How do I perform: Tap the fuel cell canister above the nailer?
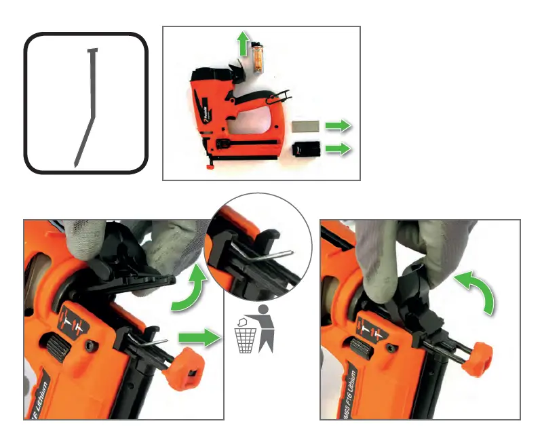pos(258,58)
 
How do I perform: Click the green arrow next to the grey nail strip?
pos(337,126)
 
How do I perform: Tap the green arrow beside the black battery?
pos(337,149)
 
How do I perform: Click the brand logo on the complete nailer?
pos(205,109)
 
